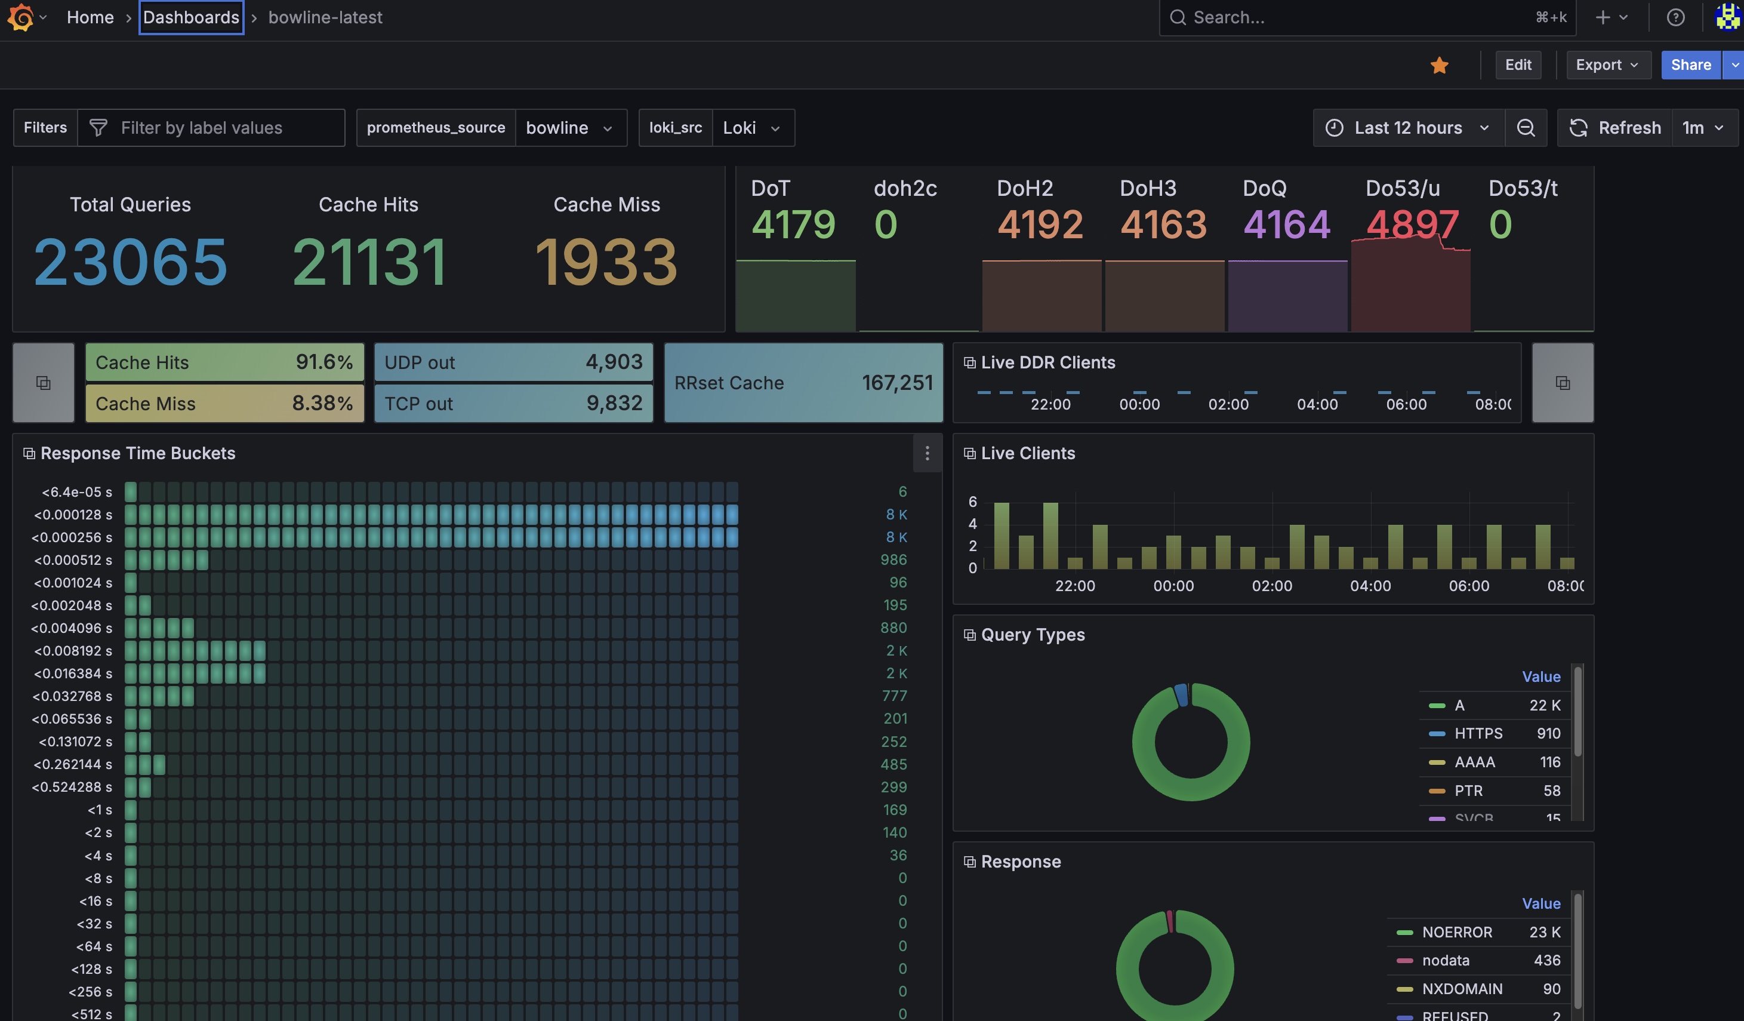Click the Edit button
[1518, 65]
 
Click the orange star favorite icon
[1440, 65]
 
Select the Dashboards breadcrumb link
[191, 17]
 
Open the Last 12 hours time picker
[1409, 127]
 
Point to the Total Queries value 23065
[130, 262]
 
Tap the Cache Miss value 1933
[606, 262]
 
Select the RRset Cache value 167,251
[897, 383]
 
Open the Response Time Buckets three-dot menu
[928, 453]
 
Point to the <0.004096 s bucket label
[71, 628]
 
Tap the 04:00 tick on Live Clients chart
[1370, 586]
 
